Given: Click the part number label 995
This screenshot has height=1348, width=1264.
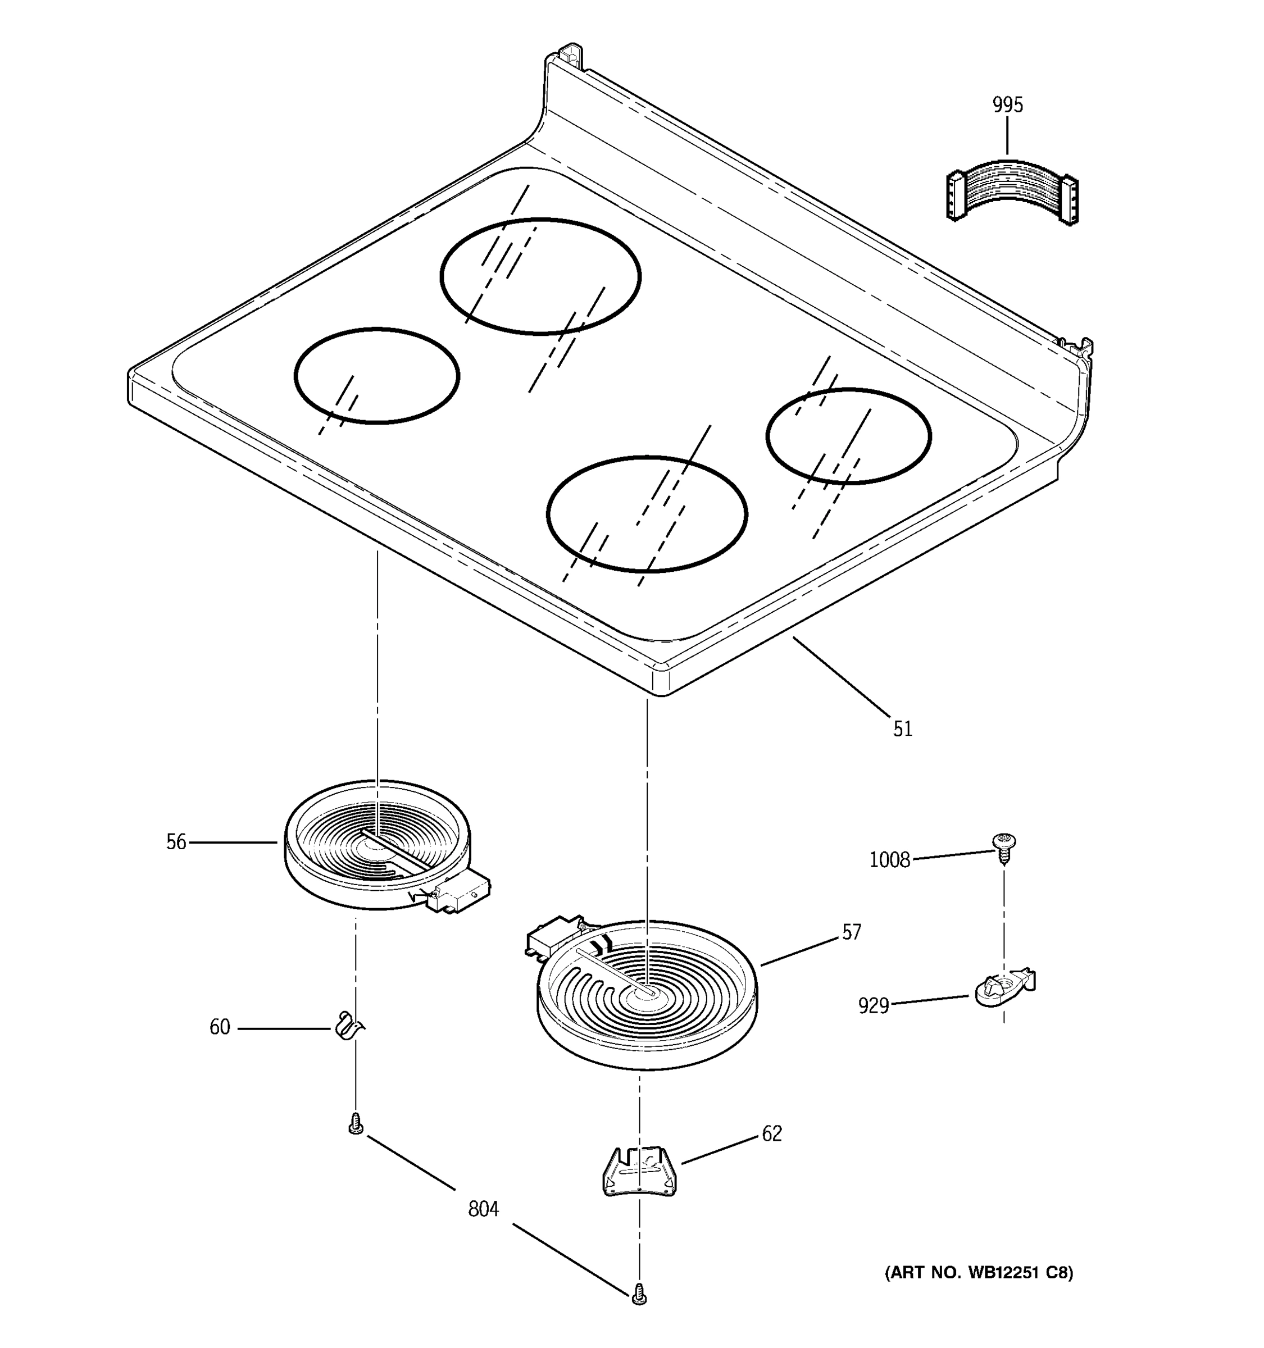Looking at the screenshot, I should [x=1007, y=105].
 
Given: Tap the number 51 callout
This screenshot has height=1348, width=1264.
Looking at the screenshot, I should [x=903, y=729].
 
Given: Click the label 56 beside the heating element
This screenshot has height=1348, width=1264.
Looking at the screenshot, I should [x=176, y=842].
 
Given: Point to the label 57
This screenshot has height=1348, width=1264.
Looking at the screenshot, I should [x=852, y=932].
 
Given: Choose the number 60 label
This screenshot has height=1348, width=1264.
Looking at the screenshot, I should [x=220, y=1027].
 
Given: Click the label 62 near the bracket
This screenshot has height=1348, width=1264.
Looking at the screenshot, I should [x=772, y=1134].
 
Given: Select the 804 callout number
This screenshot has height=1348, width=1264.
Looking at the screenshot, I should [x=484, y=1209].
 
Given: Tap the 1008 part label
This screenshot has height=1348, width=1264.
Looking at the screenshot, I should [x=890, y=860].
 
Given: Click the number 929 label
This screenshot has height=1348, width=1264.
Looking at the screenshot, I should [x=874, y=1005].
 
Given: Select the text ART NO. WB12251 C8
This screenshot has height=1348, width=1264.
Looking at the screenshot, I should [x=979, y=1273].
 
